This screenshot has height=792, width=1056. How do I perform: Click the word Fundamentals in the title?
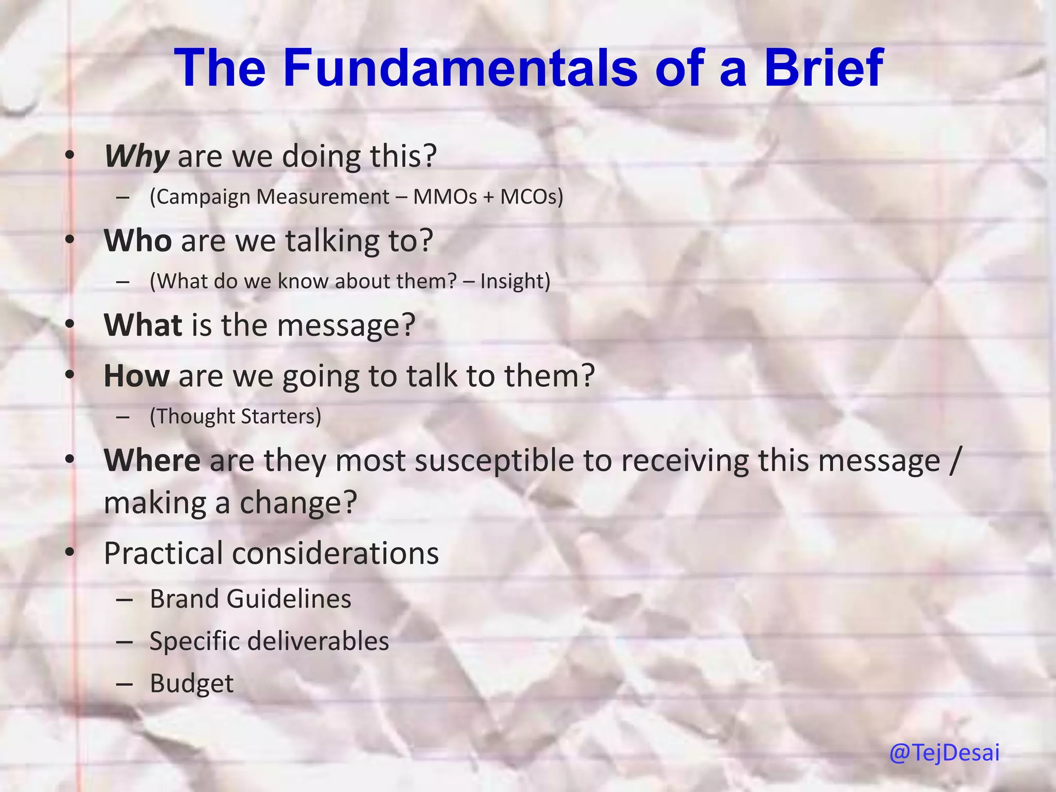click(x=460, y=68)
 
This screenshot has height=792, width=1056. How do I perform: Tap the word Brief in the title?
click(x=823, y=68)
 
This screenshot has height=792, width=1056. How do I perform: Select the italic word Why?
click(x=137, y=156)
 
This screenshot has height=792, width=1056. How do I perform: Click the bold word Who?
click(x=138, y=241)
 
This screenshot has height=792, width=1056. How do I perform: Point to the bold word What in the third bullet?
click(x=143, y=325)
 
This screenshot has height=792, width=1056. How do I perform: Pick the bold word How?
click(x=137, y=376)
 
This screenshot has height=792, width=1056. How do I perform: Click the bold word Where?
click(x=152, y=460)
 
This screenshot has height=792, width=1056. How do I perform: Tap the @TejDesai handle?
click(x=944, y=753)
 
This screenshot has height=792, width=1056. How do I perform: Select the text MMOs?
click(x=445, y=197)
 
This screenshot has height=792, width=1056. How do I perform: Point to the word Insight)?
click(x=515, y=282)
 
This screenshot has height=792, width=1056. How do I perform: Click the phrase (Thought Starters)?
click(x=235, y=417)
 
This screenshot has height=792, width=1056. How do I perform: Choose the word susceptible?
click(x=494, y=460)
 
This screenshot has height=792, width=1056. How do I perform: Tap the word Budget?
click(x=191, y=684)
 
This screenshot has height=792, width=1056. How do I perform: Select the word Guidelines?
click(x=288, y=599)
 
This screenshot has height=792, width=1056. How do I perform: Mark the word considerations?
click(x=335, y=553)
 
